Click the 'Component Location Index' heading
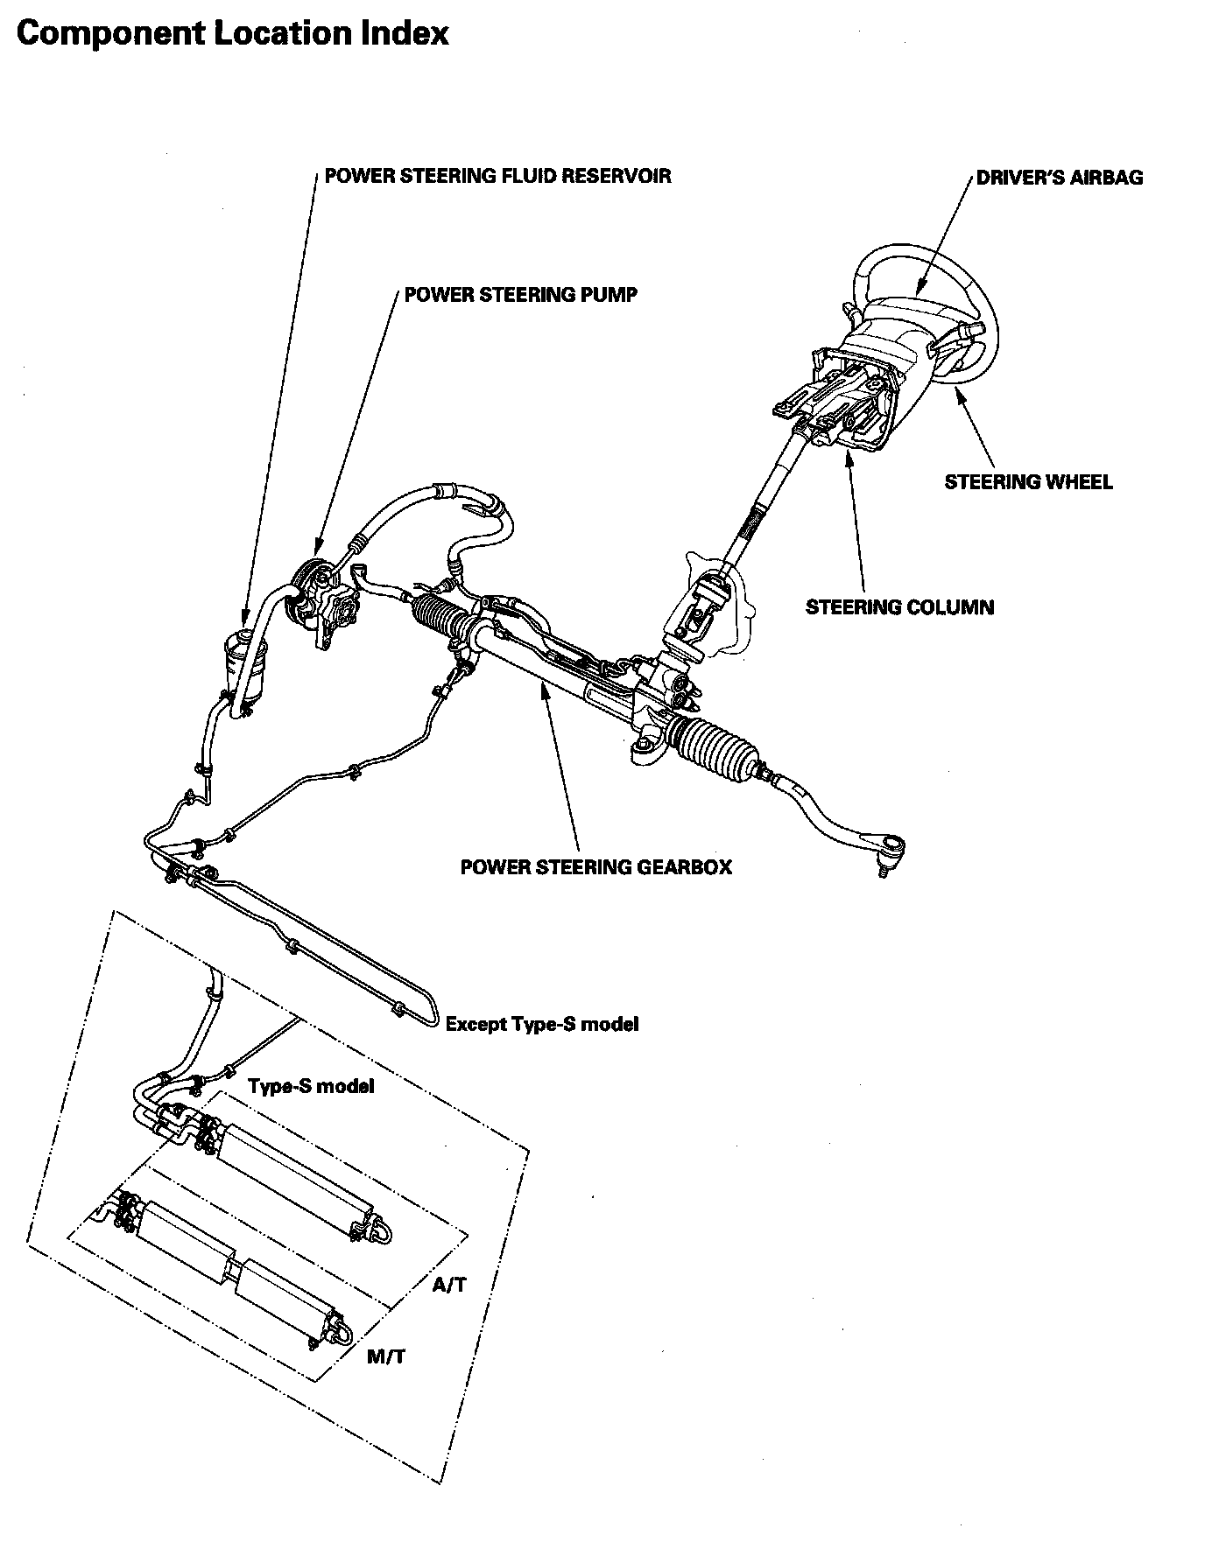tap(232, 33)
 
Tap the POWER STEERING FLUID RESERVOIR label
tap(497, 176)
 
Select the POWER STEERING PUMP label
tap(520, 295)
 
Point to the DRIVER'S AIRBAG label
tap(1060, 178)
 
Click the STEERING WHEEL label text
tap(1028, 482)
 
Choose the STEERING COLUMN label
tap(899, 607)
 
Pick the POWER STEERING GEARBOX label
tap(595, 867)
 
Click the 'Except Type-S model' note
tap(542, 1024)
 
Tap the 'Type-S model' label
tap(311, 1086)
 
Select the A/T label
tap(449, 1285)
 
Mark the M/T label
tap(385, 1356)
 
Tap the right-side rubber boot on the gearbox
tap(714, 748)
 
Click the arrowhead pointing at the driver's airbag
tap(919, 290)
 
